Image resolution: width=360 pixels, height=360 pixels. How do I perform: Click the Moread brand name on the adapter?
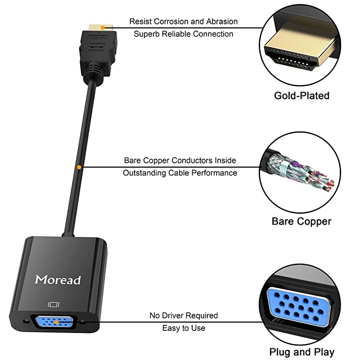pos(58,279)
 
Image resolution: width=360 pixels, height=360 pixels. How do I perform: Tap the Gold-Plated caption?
pos(301,95)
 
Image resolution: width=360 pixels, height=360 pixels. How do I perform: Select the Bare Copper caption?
pos(301,221)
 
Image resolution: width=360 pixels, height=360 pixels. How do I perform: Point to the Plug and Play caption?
pos(301,351)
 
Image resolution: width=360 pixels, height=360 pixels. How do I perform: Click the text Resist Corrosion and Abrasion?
pos(184,21)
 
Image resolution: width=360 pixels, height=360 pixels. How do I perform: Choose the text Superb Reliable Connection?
pos(184,34)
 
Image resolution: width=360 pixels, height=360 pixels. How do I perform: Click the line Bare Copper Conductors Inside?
pos(180,160)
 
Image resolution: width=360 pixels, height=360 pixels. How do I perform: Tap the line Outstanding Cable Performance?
pos(180,172)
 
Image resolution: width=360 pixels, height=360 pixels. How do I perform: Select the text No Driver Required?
pos(184,315)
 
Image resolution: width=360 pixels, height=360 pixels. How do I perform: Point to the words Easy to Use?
pos(184,328)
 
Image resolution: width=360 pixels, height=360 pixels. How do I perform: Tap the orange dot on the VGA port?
pos(56,322)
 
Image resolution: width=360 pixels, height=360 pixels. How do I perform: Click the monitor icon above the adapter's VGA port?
pos(53,305)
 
